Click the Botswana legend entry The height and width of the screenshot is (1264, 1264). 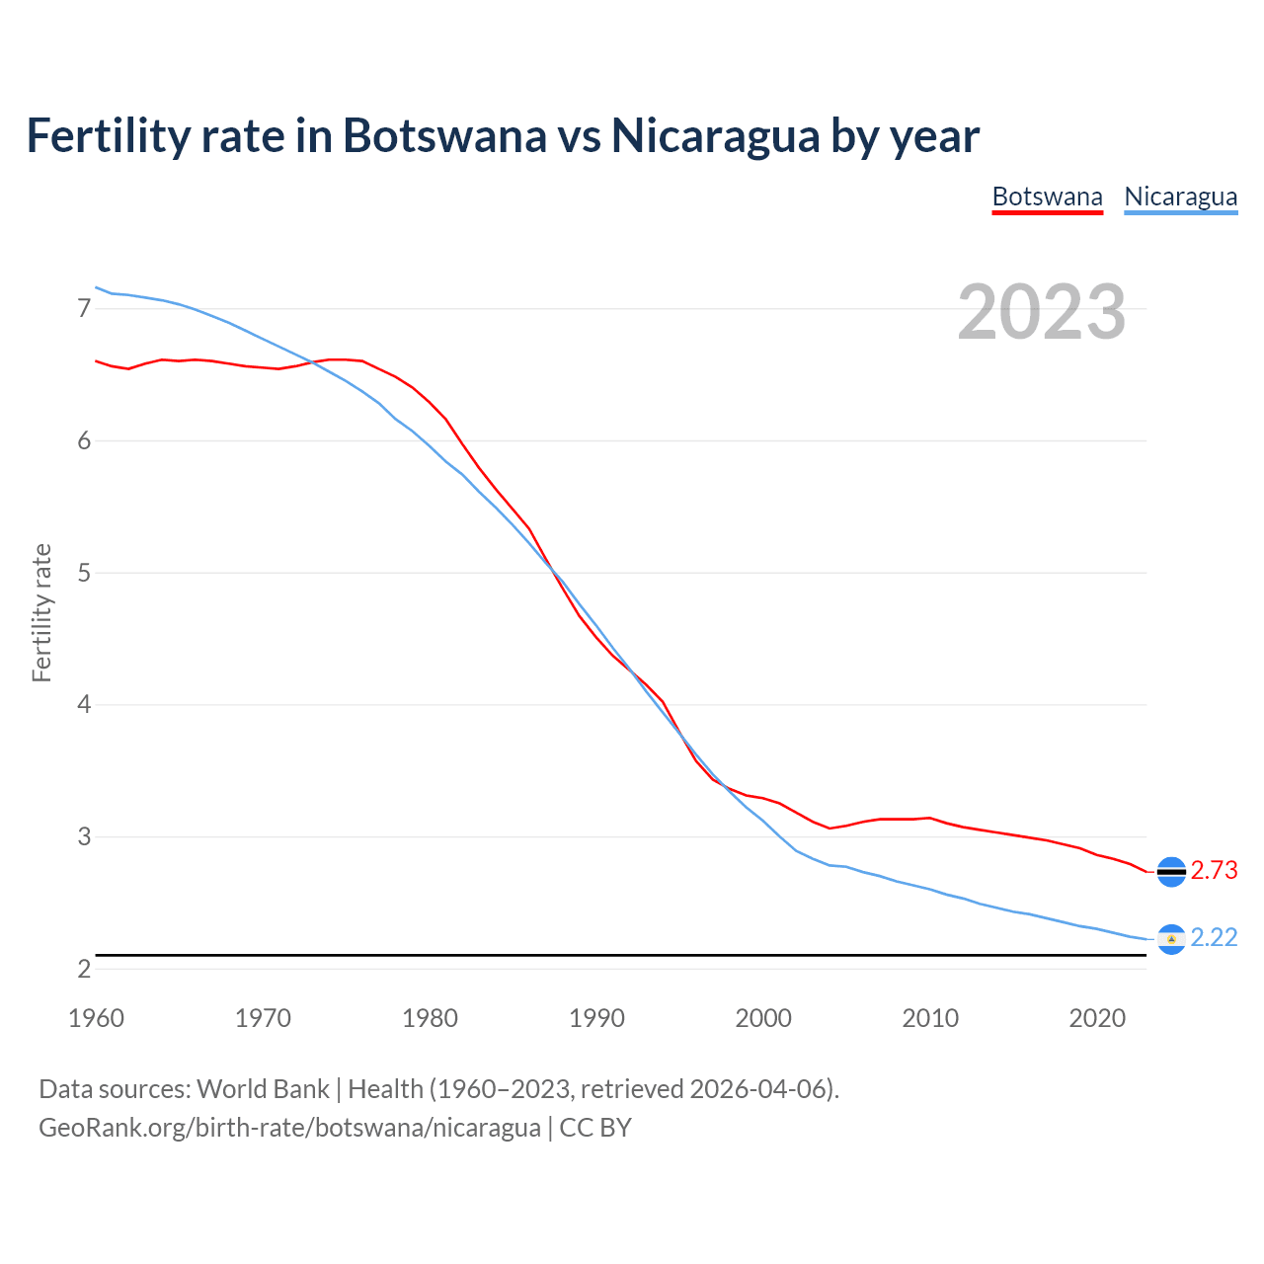click(1047, 197)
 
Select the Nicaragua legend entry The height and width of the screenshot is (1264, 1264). click(1180, 197)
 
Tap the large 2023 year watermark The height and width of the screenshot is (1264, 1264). click(1041, 312)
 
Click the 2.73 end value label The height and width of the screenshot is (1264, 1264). click(1214, 870)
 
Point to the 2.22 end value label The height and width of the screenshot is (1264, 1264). click(1214, 937)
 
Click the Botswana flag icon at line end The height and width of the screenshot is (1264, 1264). click(1171, 871)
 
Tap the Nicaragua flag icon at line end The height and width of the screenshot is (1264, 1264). click(1171, 938)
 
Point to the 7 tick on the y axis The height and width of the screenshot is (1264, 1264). click(84, 309)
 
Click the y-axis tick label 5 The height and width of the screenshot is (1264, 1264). click(84, 573)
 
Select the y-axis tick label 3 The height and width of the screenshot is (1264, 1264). click(84, 837)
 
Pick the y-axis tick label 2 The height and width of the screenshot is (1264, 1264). click(84, 969)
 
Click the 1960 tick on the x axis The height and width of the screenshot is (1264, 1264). click(96, 1018)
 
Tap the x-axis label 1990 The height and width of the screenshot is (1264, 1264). click(596, 1018)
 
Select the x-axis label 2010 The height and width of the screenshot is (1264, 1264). click(930, 1018)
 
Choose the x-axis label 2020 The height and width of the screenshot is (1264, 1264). click(1097, 1018)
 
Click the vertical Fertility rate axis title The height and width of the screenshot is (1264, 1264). click(41, 612)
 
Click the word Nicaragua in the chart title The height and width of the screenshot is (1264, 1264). click(715, 135)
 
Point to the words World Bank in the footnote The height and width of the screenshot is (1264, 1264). click(263, 1089)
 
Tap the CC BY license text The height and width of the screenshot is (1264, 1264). click(595, 1128)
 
